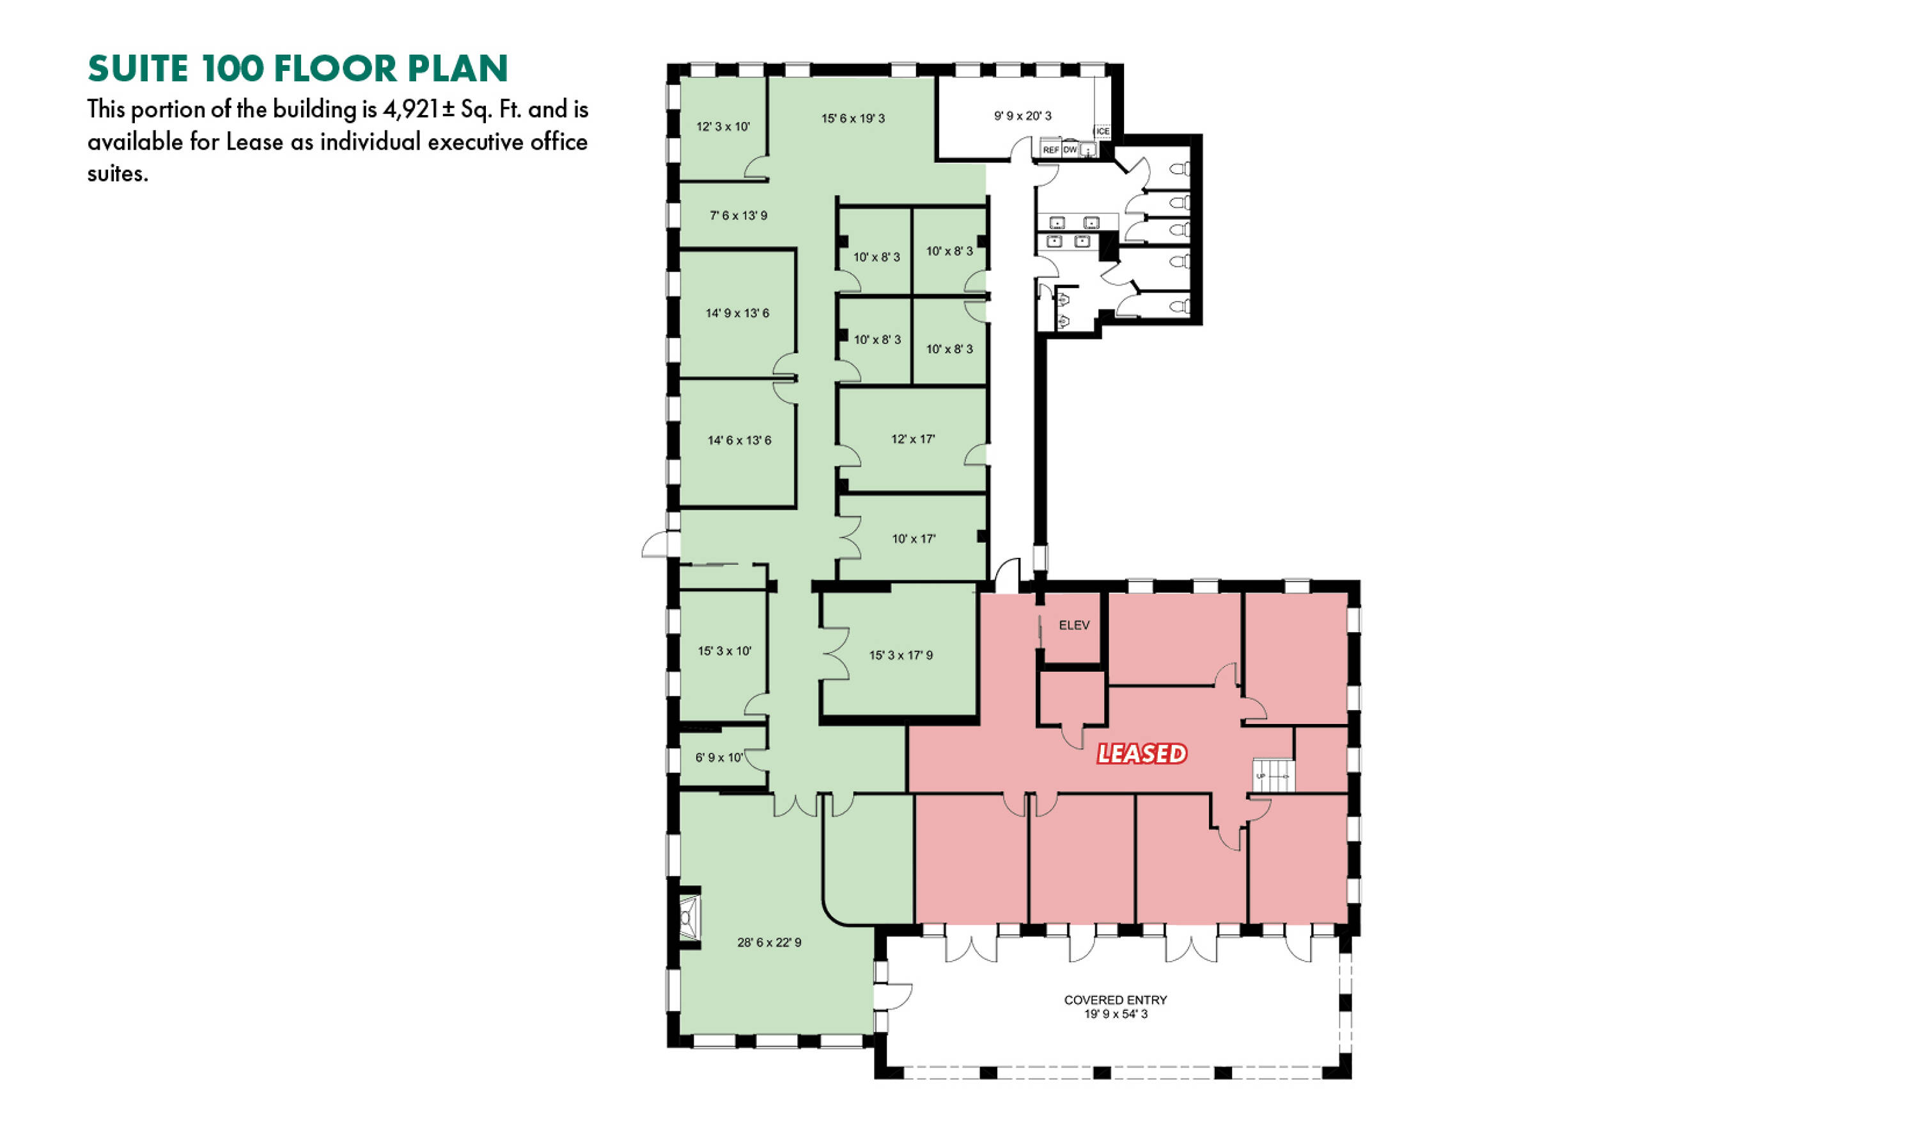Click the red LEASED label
click(1142, 754)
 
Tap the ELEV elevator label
click(1074, 625)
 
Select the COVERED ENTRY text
click(1115, 1000)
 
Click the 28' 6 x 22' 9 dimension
click(769, 943)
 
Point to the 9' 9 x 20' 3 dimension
click(1023, 116)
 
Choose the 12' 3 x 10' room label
click(722, 127)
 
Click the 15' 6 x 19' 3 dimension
click(854, 118)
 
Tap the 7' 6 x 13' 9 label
click(738, 216)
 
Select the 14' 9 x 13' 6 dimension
click(737, 313)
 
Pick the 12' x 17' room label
click(913, 439)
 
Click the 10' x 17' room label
click(914, 539)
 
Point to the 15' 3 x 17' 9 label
click(901, 655)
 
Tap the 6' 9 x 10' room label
click(719, 757)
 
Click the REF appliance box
click(1051, 150)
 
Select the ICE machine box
click(1102, 131)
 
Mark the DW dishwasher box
click(1070, 150)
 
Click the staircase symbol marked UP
click(1274, 776)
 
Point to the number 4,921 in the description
click(411, 110)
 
